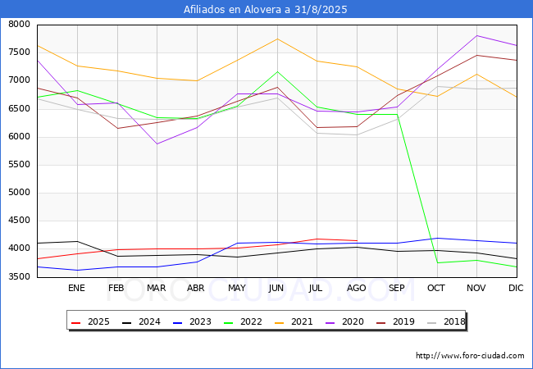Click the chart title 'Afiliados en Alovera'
[266, 10]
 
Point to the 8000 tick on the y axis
[20, 25]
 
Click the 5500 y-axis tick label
[20, 165]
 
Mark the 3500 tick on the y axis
[20, 277]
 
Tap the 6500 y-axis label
[20, 109]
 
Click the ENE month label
[76, 289]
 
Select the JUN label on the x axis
[276, 289]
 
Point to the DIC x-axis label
[516, 289]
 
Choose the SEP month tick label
[396, 289]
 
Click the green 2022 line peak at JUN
[277, 71]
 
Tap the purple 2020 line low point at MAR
[157, 143]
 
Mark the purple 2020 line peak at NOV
[476, 35]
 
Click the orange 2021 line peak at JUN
[277, 39]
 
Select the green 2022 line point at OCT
[436, 263]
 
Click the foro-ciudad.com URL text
[470, 356]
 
